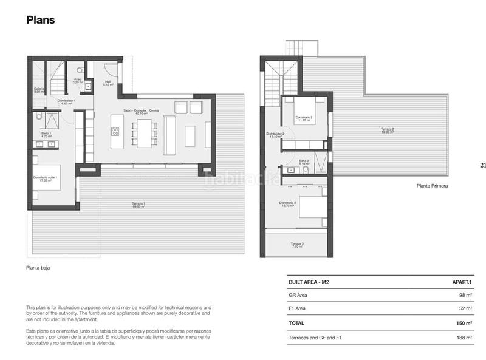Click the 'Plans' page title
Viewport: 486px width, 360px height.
41,20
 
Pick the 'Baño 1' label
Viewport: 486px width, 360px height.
46,134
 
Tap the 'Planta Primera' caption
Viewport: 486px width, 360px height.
432,186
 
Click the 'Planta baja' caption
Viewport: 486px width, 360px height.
38,267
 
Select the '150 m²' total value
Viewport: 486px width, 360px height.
462,324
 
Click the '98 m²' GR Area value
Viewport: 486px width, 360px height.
465,296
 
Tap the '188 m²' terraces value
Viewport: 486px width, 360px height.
463,338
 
